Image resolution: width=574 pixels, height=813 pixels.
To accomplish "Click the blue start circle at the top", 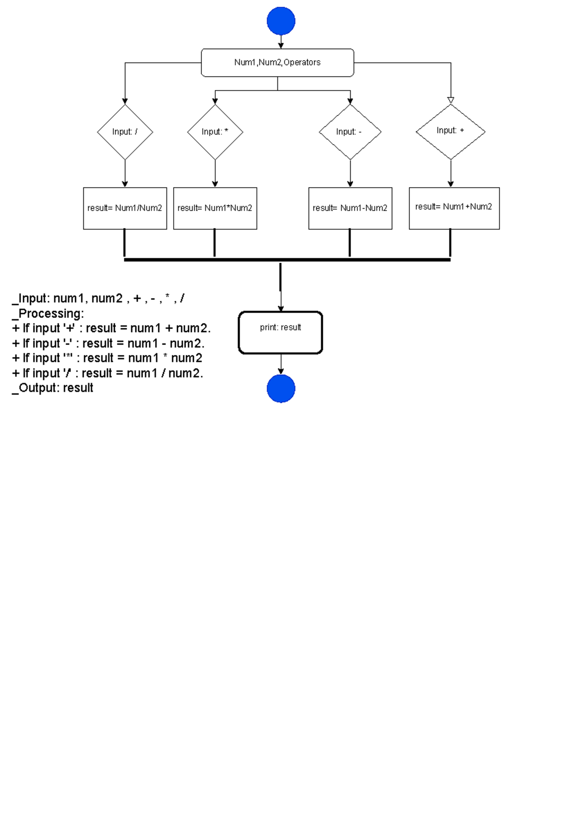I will (281, 21).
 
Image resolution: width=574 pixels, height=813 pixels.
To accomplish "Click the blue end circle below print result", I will (281, 388).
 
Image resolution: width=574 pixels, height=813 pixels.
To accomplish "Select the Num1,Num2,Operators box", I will (277, 63).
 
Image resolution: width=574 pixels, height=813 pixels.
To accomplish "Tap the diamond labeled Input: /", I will (125, 132).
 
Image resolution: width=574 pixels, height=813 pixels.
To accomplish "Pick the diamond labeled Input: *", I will (215, 132).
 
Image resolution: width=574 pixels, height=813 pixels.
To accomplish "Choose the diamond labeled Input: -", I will (350, 132).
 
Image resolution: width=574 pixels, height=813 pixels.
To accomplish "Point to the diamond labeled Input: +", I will (451, 131).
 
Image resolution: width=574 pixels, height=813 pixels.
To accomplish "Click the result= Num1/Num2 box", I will (125, 208).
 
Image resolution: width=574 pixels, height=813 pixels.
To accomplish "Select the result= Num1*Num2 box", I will (215, 208).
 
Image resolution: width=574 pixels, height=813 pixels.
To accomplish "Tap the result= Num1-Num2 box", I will (350, 208).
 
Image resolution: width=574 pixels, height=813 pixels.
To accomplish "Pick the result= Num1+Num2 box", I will (454, 208).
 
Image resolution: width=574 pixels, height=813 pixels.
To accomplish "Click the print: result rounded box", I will (280, 333).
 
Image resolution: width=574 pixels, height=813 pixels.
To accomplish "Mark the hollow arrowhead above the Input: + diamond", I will (451, 100).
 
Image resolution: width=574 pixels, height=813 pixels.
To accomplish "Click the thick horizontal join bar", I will (287, 260).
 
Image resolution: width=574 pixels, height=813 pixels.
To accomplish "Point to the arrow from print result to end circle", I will (281, 364).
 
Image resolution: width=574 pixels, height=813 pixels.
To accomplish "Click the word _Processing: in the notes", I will (48, 313).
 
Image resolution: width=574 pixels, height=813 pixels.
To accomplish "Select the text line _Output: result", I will (53, 388).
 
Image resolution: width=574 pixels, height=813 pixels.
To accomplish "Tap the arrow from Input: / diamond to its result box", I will (125, 173).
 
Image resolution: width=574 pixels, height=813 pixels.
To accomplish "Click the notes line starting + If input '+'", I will (111, 328).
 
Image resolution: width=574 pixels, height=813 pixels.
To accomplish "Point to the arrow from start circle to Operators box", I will (281, 42).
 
